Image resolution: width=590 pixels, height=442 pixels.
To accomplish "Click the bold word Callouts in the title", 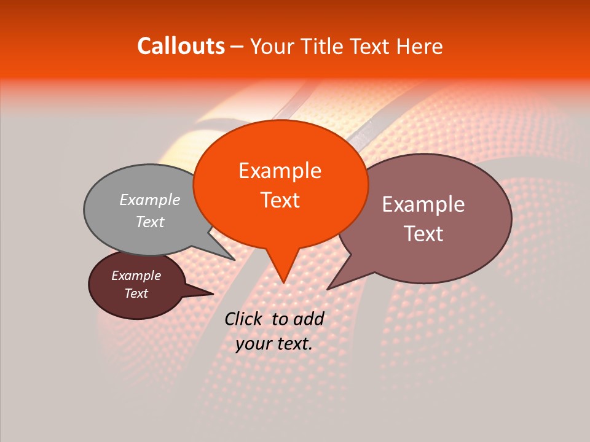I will click(181, 46).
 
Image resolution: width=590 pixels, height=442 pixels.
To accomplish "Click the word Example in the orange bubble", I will click(280, 171).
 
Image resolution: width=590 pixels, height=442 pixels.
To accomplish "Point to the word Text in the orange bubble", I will click(280, 200).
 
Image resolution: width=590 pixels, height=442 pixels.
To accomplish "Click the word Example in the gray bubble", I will click(150, 200).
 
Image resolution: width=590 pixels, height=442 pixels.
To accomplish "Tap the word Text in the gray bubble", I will click(150, 222).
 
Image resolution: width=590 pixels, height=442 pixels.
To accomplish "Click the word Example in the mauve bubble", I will click(423, 204).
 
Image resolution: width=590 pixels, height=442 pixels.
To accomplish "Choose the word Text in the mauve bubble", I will click(423, 233).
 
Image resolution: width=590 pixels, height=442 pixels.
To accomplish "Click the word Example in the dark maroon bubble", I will click(136, 276).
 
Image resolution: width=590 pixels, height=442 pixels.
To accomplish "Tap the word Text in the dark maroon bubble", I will click(136, 293).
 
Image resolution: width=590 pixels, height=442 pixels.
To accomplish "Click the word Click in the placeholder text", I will click(245, 319).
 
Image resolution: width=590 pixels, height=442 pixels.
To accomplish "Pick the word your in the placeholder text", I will click(253, 344).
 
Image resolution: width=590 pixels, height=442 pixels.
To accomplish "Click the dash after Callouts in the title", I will click(238, 47).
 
